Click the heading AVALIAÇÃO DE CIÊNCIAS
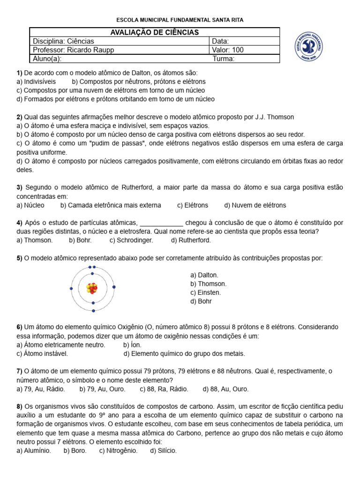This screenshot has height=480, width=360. click(154, 32)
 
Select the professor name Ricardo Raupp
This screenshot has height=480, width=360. click(89, 50)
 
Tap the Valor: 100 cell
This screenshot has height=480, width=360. click(228, 50)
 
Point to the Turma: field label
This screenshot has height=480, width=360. click(224, 59)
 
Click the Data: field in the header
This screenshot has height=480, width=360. click(221, 41)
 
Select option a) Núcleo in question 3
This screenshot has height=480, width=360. click(30, 205)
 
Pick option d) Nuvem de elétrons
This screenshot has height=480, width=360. click(255, 205)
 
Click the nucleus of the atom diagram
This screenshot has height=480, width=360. click(93, 288)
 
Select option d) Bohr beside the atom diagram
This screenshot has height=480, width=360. click(201, 301)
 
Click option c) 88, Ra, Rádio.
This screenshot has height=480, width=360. click(164, 389)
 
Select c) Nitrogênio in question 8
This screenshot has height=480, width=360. click(119, 451)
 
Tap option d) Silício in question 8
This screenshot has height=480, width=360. click(164, 451)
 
